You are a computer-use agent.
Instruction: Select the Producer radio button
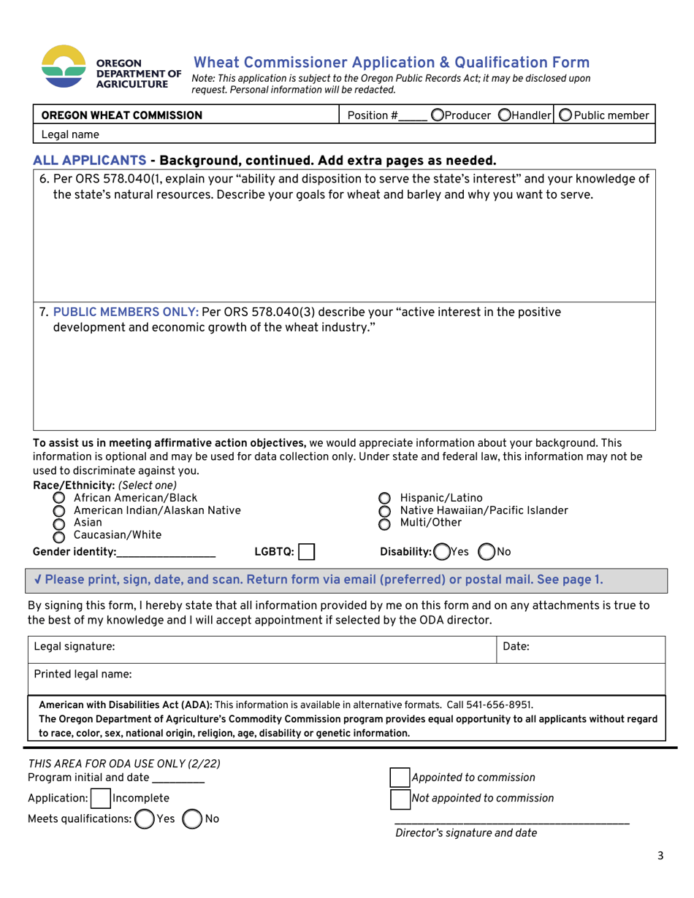click(x=437, y=115)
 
